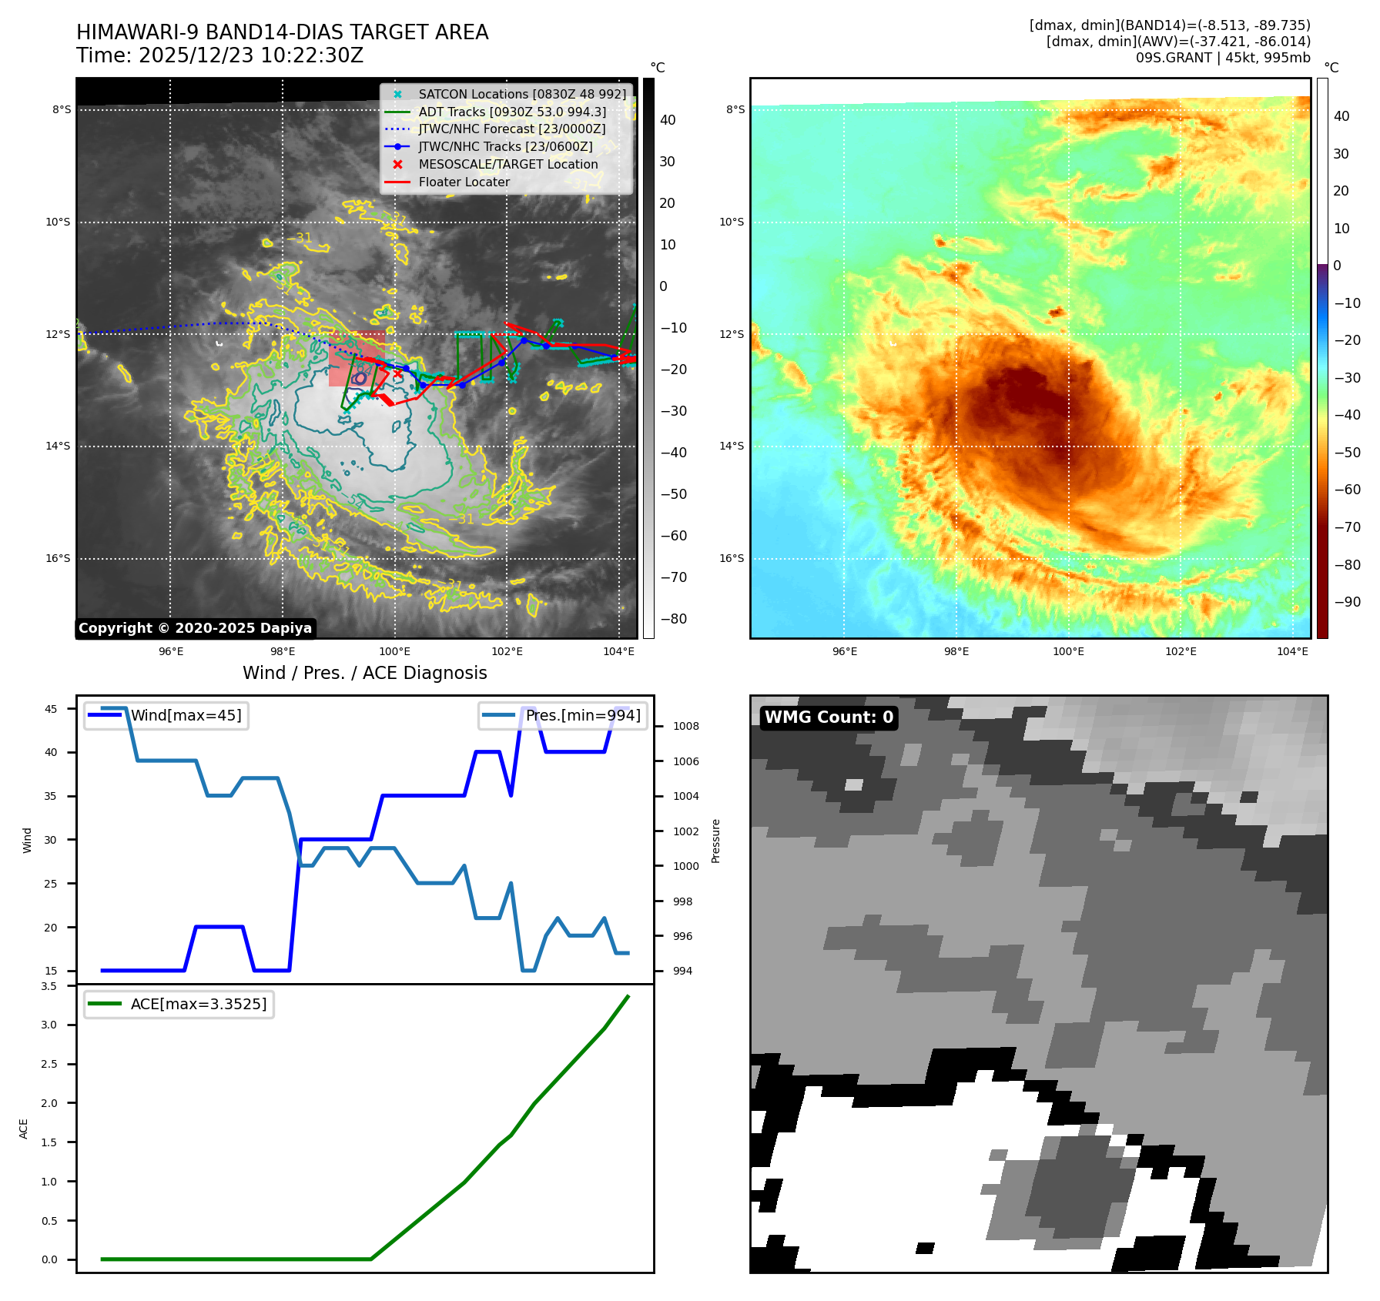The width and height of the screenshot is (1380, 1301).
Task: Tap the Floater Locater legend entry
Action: tap(464, 182)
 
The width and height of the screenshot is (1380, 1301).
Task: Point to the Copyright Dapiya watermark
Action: tap(195, 628)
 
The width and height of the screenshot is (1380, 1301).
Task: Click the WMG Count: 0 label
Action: tap(829, 717)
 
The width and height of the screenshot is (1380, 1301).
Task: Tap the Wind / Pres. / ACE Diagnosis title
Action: tap(364, 673)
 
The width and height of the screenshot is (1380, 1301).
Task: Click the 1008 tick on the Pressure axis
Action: tap(685, 726)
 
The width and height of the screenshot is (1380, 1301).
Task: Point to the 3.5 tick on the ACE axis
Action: tap(49, 986)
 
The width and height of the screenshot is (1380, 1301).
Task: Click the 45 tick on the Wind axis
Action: tap(51, 709)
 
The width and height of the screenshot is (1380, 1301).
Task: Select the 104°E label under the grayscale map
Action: tap(618, 651)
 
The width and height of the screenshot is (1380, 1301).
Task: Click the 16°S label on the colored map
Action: tap(732, 558)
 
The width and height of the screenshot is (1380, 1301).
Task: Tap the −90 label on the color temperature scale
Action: tap(1347, 602)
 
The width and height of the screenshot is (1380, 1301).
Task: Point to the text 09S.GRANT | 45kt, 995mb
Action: tap(1222, 58)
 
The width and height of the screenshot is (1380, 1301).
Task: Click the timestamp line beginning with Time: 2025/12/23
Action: tap(219, 55)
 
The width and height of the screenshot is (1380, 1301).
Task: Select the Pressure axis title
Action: tap(716, 841)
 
